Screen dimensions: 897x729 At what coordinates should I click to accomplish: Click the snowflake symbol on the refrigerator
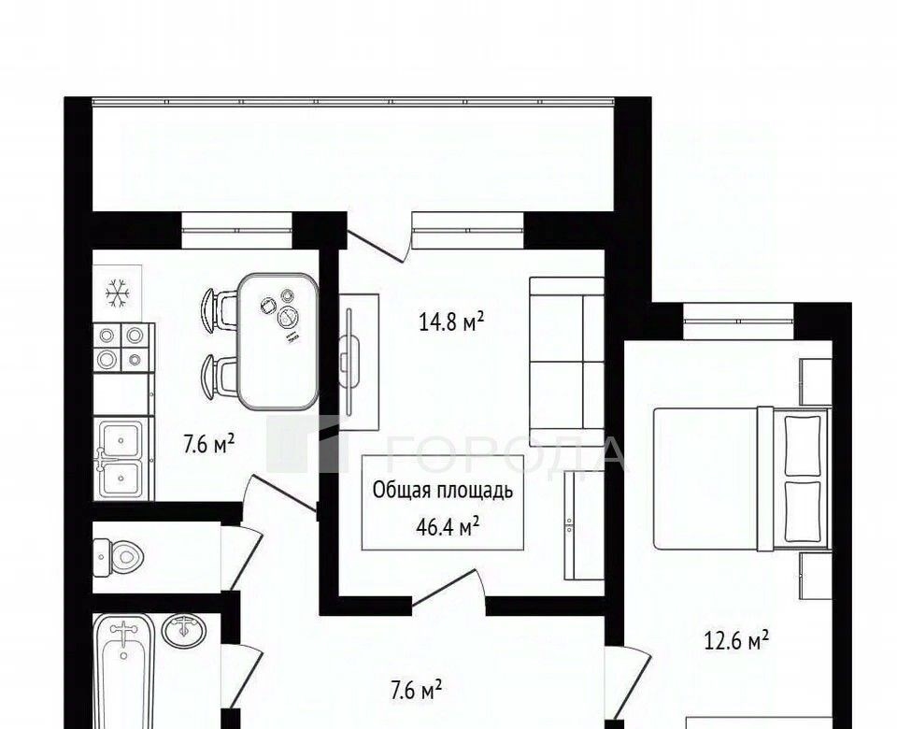118,293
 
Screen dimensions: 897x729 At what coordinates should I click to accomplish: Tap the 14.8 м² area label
452,322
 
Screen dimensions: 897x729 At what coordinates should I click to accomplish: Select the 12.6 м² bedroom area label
735,641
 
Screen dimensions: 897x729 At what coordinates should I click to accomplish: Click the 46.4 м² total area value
448,527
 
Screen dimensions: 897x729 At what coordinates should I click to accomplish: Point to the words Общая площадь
443,491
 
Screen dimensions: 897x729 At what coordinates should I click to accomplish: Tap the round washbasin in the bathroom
183,631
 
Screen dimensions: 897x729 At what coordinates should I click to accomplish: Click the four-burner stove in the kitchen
123,348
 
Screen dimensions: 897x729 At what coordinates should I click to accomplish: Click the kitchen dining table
278,341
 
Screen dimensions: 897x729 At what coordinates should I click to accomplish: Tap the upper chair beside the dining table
219,309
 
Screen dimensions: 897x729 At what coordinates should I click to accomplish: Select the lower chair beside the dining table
219,376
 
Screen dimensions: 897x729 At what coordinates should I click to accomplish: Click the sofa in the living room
566,362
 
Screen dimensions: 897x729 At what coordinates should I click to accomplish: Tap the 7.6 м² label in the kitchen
208,443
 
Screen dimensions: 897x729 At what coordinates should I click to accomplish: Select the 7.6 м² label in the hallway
416,691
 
